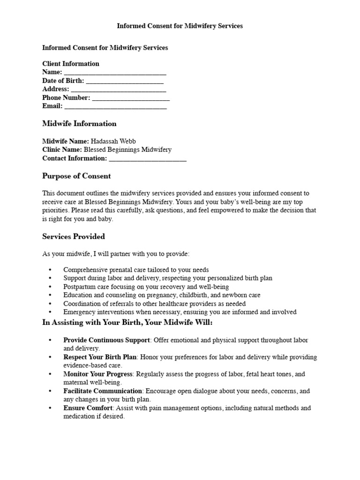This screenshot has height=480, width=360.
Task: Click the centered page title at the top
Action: tap(180, 26)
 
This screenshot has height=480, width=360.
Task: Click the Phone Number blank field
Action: tap(131, 98)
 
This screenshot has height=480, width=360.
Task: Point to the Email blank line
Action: tap(115, 107)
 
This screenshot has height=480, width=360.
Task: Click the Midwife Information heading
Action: tap(79, 124)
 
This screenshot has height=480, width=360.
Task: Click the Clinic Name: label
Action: tap(62, 150)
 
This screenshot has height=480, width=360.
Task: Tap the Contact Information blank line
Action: tap(148, 159)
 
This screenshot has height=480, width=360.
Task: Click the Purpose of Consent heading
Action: tap(76, 176)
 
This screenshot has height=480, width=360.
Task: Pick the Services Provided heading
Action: tap(74, 237)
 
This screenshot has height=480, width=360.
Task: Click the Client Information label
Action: tap(71, 64)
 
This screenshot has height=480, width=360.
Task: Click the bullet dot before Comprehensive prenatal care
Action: tap(50, 270)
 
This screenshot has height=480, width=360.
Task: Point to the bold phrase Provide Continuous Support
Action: tap(106, 340)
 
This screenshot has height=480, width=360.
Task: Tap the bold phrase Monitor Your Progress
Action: tap(98, 374)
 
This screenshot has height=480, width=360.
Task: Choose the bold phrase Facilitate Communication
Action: tap(103, 391)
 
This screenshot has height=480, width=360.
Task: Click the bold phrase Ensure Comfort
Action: tap(88, 408)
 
